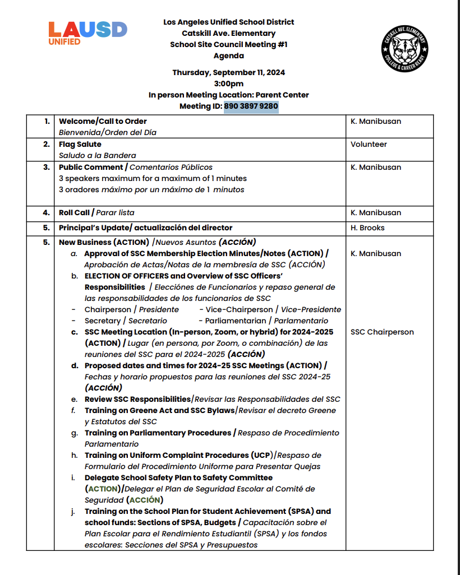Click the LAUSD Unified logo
coord(87,33)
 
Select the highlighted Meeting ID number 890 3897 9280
coord(251,106)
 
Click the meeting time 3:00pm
coord(229,84)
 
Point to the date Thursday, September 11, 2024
coord(228,72)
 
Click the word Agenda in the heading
coord(228,55)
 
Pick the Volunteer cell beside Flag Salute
coord(369,144)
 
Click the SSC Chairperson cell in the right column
coord(382,332)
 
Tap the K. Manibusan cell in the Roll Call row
coord(376,212)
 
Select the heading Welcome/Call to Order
coord(103,121)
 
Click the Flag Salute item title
coord(80,144)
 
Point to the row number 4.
coord(47,212)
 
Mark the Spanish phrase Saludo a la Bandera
coord(98,155)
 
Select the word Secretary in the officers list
coord(102,321)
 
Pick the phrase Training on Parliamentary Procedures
coord(158,433)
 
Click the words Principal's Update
coord(93,228)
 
